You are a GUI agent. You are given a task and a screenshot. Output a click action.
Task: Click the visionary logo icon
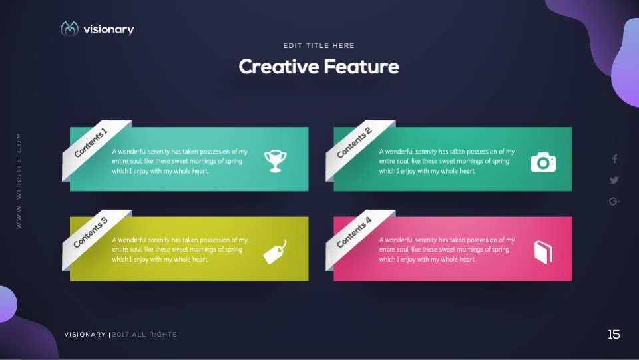coord(69,29)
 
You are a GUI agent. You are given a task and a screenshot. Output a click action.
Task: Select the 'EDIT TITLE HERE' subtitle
coord(319,46)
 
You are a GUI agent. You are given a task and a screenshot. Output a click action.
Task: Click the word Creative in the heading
coord(279,67)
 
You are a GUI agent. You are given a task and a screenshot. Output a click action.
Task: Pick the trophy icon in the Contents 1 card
coord(275,161)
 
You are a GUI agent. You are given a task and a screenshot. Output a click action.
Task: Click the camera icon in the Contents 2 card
coord(543,162)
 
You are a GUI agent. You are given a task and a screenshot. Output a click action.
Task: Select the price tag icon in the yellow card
coord(275,252)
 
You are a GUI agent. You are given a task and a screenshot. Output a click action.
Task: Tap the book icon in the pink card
coord(543,252)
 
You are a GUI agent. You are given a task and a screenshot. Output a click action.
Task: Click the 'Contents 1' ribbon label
coord(91,142)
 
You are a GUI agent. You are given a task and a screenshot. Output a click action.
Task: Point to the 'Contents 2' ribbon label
coord(354,142)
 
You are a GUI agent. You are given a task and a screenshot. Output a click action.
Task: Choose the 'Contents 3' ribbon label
coord(91,232)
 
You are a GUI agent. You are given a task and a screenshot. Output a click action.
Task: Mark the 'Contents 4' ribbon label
coord(354,232)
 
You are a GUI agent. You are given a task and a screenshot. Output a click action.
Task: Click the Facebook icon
coord(614,159)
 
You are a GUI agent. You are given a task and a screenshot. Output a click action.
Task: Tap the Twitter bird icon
coord(614,180)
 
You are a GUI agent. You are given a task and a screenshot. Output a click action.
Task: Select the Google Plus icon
coord(614,201)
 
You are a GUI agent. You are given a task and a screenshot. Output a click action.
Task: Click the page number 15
coord(614,334)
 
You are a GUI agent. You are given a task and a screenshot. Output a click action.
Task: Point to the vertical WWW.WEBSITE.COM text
coord(19,181)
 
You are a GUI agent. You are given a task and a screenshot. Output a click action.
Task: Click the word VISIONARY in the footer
coord(85,334)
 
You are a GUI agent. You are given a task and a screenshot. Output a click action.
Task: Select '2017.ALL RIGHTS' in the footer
coord(144,334)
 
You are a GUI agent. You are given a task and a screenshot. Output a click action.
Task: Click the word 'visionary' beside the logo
coord(108,29)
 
